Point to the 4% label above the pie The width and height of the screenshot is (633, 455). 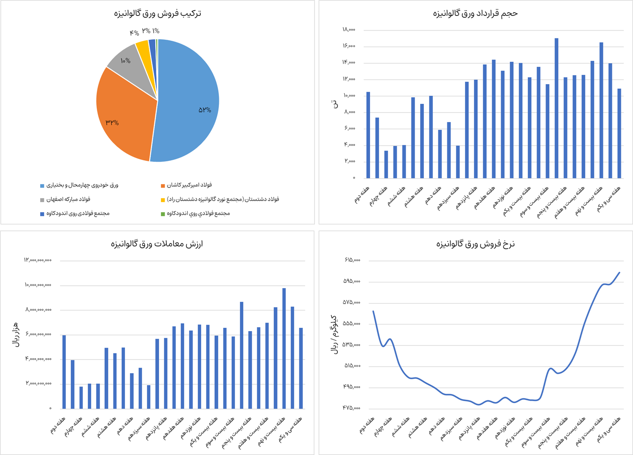[134, 33]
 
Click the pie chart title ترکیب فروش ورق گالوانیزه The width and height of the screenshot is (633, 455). [157, 13]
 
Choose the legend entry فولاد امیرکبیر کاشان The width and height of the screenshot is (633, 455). [189, 185]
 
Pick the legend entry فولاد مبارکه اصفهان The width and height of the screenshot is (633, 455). [68, 199]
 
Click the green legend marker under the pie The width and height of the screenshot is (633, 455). [163, 214]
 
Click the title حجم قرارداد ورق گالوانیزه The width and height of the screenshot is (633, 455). [475, 13]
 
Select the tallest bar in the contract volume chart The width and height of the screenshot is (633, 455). [556, 108]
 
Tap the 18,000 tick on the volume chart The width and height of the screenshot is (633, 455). [349, 30]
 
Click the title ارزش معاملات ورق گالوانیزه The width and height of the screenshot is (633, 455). [157, 244]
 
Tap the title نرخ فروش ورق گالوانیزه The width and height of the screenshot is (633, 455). [475, 244]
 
